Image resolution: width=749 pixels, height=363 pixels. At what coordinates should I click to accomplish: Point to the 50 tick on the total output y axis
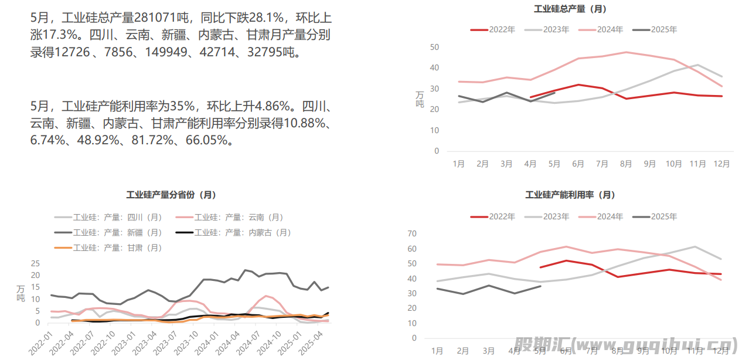[434, 47]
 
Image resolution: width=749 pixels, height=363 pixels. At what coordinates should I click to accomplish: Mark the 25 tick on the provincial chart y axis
[35, 263]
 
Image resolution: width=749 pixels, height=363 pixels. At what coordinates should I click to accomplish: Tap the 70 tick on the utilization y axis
[411, 234]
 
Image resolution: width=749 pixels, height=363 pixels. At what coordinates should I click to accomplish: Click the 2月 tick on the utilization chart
[462, 351]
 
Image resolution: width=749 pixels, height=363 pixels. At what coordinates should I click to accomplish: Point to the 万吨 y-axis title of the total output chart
[420, 99]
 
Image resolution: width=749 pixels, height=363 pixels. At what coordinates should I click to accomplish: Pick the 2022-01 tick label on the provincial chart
[41, 341]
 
